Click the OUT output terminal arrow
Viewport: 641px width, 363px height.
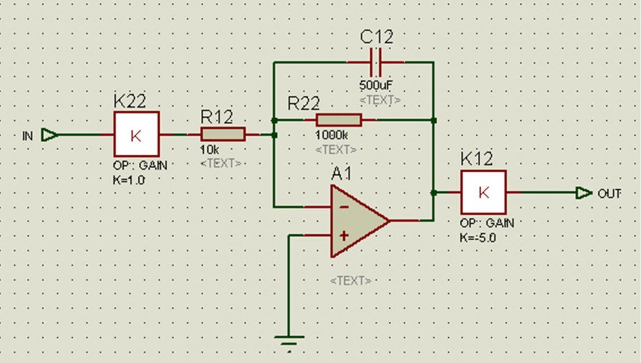584,193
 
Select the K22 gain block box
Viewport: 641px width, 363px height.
136,135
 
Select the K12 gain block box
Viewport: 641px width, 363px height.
483,193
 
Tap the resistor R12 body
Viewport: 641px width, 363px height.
223,135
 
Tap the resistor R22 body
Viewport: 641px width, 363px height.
338,120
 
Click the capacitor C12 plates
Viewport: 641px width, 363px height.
376,61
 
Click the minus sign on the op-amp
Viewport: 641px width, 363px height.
344,207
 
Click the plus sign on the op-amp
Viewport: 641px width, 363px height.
344,235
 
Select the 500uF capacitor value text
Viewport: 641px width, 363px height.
376,85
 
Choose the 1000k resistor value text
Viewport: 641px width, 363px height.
332,135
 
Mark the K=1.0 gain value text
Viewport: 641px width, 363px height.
129,180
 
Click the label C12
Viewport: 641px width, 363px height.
376,38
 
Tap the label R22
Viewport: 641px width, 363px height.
304,103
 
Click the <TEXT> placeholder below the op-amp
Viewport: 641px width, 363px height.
351,281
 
